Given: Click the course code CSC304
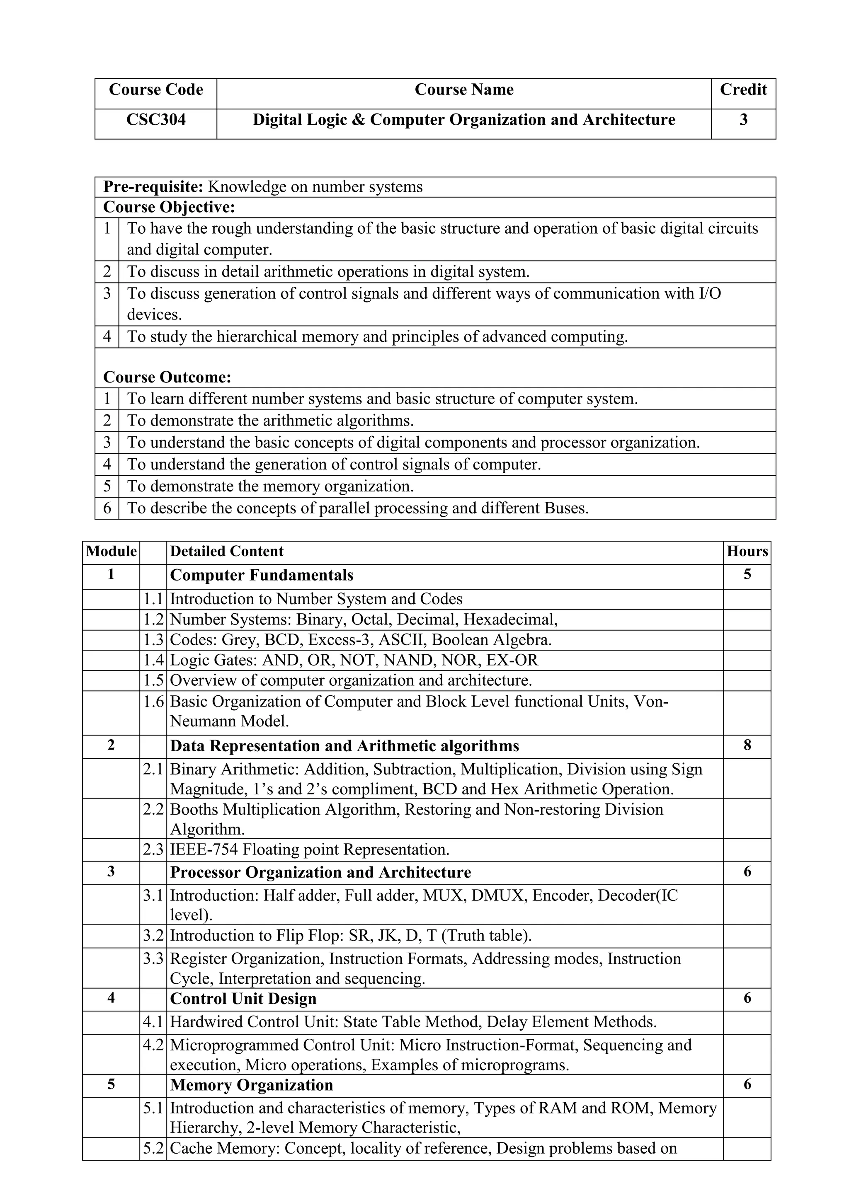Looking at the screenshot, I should click(x=156, y=120).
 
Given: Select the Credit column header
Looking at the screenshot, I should click(x=743, y=90).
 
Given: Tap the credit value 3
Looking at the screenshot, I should click(x=743, y=120).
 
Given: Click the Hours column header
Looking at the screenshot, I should click(x=747, y=552).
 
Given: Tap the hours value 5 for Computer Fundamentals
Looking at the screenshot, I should click(x=747, y=574).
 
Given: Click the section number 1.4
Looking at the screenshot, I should click(x=153, y=660).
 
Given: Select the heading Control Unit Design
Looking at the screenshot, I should click(x=243, y=999).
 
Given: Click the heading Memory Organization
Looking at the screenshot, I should click(x=252, y=1085).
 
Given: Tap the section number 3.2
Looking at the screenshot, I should click(x=153, y=935).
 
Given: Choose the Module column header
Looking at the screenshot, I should click(x=111, y=552).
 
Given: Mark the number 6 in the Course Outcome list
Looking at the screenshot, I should click(x=107, y=508).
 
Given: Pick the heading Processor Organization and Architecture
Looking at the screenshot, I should click(x=320, y=872).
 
